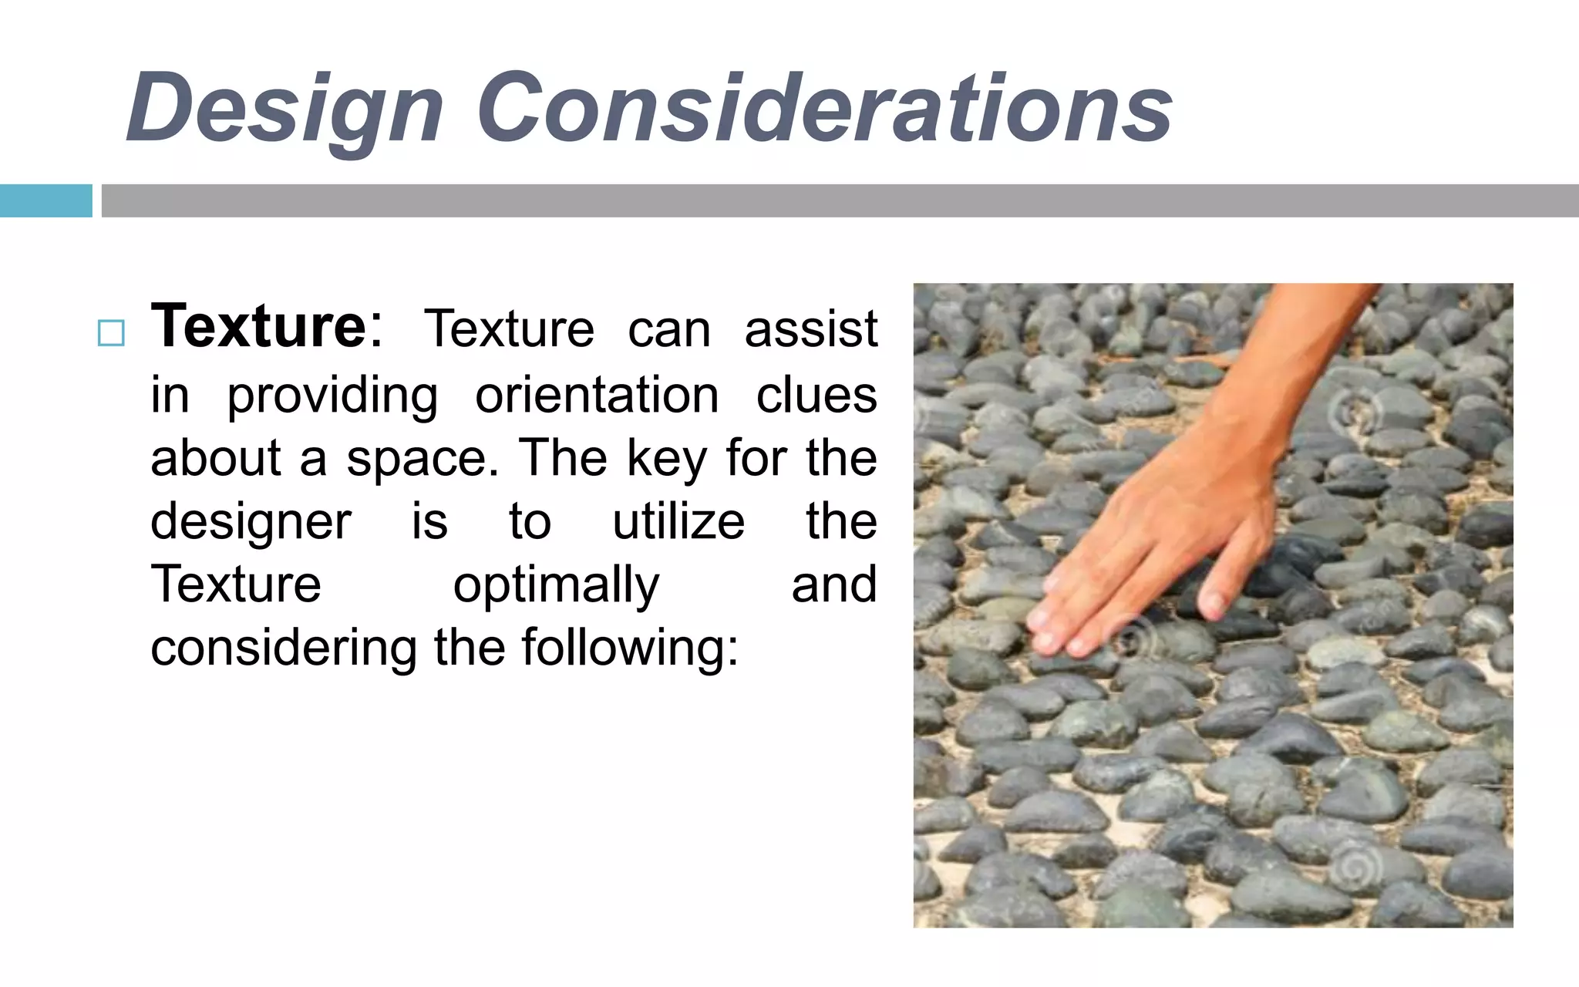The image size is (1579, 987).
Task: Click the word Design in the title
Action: [x=285, y=108]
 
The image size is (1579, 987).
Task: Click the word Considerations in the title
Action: [x=825, y=108]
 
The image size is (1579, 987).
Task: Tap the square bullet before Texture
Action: [x=111, y=333]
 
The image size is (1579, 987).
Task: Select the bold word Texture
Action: [x=259, y=327]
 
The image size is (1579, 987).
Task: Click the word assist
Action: [x=811, y=330]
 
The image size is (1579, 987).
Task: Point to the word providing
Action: [x=332, y=396]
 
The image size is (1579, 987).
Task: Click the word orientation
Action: [x=597, y=395]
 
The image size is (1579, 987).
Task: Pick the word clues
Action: [x=816, y=395]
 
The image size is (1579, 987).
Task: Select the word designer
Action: [x=251, y=523]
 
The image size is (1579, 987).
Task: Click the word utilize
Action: [x=678, y=521]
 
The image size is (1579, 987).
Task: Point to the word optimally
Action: [x=556, y=586]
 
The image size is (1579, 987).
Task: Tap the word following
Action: [x=623, y=648]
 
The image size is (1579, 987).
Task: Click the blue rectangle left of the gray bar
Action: [x=45, y=200]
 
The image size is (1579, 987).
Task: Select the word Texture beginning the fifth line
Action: [x=236, y=584]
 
